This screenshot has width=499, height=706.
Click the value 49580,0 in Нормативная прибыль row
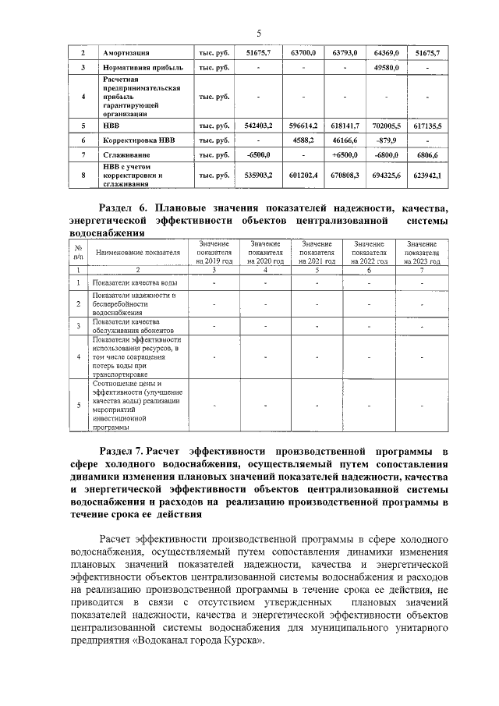pos(386,68)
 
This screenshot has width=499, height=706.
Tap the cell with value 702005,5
pos(386,125)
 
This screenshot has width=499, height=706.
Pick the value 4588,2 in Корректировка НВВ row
pos(302,140)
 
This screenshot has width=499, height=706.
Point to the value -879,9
pos(386,140)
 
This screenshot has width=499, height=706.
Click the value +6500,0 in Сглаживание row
pos(344,156)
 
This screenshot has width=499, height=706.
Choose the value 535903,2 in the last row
pos(258,176)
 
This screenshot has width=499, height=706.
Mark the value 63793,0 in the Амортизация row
pos(344,52)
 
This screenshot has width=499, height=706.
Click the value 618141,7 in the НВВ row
pos(344,125)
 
